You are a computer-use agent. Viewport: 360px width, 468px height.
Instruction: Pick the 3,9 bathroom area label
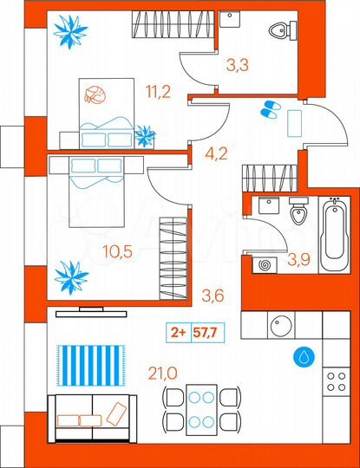[298, 257]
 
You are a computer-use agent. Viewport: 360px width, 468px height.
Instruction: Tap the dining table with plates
[201, 411]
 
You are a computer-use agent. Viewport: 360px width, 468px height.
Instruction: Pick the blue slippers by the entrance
[268, 109]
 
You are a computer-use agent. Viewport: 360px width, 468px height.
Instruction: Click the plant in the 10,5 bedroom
[70, 277]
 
